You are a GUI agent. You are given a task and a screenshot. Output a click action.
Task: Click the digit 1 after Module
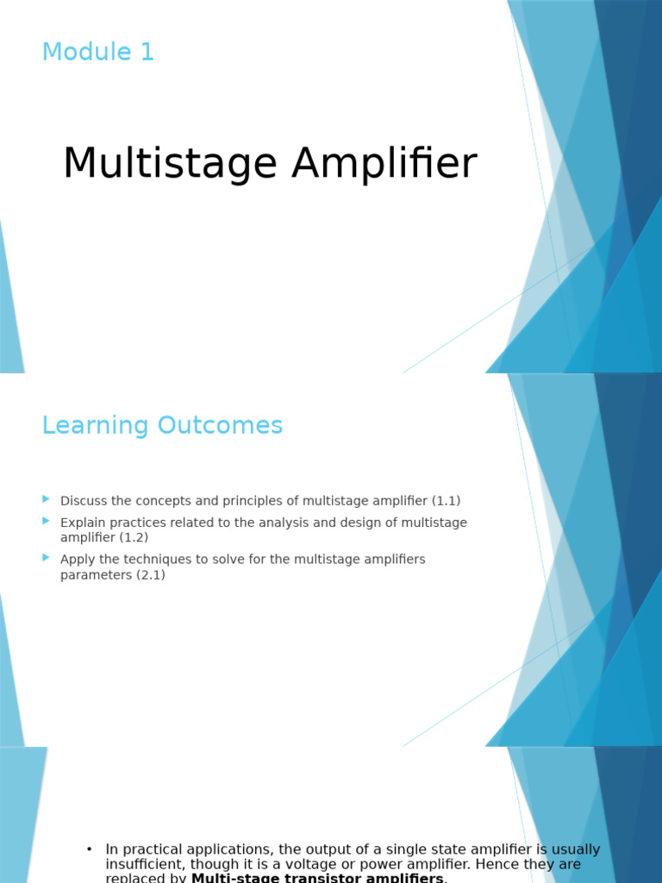(147, 53)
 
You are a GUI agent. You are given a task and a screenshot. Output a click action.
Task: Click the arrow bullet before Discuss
(47, 499)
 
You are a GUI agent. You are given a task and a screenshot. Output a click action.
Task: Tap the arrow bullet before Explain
(47, 521)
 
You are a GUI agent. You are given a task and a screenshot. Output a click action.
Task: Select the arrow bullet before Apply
(47, 558)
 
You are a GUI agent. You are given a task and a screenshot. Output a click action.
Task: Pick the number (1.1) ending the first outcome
(447, 501)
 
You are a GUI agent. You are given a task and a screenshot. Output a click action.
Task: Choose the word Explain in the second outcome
(82, 523)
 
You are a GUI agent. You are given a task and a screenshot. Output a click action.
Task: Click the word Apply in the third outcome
(76, 560)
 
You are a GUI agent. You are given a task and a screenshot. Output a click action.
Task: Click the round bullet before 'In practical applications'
(89, 849)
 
